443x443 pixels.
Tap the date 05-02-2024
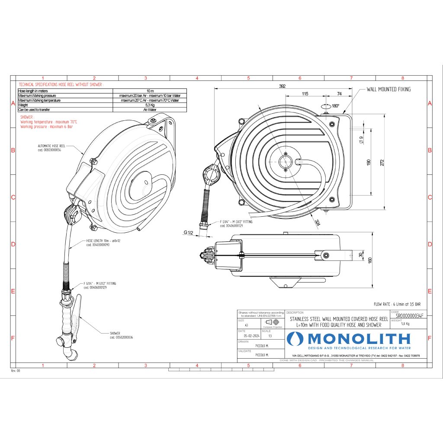tap(251, 335)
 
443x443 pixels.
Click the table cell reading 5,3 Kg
tap(148, 105)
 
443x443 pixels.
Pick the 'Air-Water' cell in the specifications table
tap(148, 110)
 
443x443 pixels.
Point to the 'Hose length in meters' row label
tap(32, 91)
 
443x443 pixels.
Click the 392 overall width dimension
tap(282, 87)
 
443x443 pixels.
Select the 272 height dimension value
tap(382, 161)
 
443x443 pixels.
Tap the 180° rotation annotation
tap(335, 106)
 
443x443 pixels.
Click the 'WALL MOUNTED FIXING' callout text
tap(388, 89)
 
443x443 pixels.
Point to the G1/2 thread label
tap(188, 233)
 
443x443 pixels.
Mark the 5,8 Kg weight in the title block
tap(405, 324)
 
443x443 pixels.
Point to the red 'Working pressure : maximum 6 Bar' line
tap(46, 127)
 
